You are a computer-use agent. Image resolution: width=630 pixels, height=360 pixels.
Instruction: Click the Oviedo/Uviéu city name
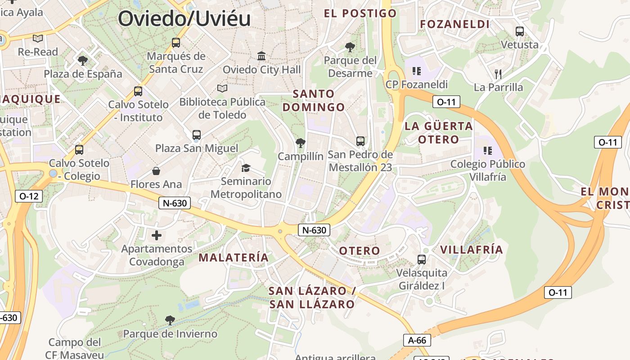184,18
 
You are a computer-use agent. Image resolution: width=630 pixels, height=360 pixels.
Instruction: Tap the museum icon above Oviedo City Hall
261,56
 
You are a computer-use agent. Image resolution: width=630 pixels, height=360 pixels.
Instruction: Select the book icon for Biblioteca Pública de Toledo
222,88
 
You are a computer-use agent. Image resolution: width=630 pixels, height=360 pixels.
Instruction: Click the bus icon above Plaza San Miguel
196,135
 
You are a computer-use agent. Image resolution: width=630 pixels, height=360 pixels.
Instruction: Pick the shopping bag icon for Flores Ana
156,171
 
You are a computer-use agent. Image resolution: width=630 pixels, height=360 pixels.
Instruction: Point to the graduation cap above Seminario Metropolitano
246,168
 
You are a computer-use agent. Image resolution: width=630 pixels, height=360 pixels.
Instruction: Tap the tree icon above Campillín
300,143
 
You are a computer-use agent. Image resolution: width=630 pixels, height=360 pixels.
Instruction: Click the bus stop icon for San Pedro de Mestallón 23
360,141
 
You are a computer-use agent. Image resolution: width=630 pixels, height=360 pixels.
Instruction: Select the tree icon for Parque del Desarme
350,47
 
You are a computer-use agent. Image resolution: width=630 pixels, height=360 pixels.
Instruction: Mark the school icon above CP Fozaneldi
416,71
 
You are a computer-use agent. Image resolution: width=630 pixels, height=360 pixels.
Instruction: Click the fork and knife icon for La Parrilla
498,74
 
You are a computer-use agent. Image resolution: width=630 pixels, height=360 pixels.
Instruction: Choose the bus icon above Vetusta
520,31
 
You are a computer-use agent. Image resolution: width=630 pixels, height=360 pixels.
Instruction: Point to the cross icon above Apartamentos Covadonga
156,235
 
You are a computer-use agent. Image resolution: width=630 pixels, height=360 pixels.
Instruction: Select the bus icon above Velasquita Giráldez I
421,259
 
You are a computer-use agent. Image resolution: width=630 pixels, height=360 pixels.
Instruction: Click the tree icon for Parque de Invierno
170,320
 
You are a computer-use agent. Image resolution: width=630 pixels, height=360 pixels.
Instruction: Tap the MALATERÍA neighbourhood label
234,257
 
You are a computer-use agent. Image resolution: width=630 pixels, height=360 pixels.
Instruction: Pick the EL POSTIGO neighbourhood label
360,13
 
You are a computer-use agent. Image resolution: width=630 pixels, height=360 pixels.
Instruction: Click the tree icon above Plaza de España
82,60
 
